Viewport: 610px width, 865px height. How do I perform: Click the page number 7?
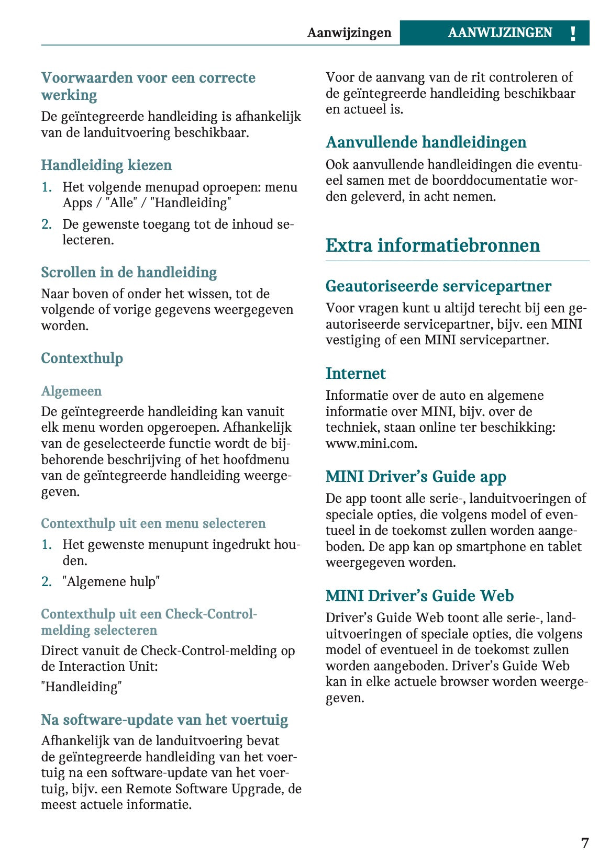584,843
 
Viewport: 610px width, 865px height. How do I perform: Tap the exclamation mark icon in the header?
573,33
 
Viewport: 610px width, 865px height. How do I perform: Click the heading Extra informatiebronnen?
432,245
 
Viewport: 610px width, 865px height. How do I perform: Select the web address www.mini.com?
371,444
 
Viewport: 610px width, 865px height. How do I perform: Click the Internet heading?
356,374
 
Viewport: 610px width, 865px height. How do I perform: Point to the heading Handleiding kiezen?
106,165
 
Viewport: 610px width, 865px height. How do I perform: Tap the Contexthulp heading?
82,358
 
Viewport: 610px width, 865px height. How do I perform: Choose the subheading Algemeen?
71,391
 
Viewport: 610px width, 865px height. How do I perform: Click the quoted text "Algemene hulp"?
111,582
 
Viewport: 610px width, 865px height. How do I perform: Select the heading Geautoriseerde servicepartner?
438,286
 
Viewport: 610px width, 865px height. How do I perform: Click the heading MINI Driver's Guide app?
416,477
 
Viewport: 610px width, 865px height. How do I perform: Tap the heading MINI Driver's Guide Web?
419,596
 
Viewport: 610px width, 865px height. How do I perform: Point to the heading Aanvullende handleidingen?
426,142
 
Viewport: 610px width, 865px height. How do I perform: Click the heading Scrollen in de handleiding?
129,273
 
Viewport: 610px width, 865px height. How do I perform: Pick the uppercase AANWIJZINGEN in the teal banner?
500,33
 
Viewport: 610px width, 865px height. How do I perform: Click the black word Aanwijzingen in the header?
349,33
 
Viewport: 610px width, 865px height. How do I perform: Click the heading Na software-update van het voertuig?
164,720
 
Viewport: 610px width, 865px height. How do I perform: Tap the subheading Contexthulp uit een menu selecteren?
153,524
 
